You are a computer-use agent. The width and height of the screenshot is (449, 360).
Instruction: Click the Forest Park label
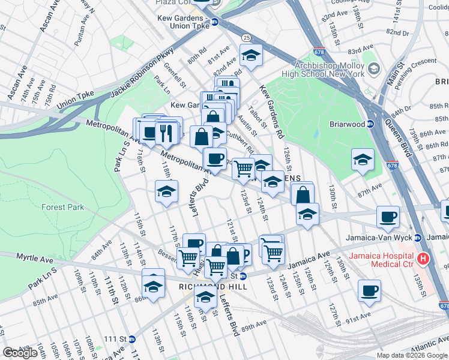(x=63, y=207)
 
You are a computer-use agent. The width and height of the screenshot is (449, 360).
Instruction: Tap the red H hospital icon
(x=424, y=259)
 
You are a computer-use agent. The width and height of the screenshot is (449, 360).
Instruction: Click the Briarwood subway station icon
(x=370, y=125)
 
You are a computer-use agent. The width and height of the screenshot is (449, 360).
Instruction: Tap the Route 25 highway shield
(x=247, y=38)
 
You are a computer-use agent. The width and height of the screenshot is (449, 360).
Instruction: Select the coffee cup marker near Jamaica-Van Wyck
(x=388, y=217)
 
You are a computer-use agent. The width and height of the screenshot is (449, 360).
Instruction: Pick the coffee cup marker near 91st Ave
(x=369, y=291)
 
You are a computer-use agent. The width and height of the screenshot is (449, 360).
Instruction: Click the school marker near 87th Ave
(x=362, y=160)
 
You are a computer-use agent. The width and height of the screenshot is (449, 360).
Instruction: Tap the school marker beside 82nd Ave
(x=251, y=56)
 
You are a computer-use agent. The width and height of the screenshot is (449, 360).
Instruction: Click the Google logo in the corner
(x=20, y=353)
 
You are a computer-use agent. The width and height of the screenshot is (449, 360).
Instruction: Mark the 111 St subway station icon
(x=131, y=339)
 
